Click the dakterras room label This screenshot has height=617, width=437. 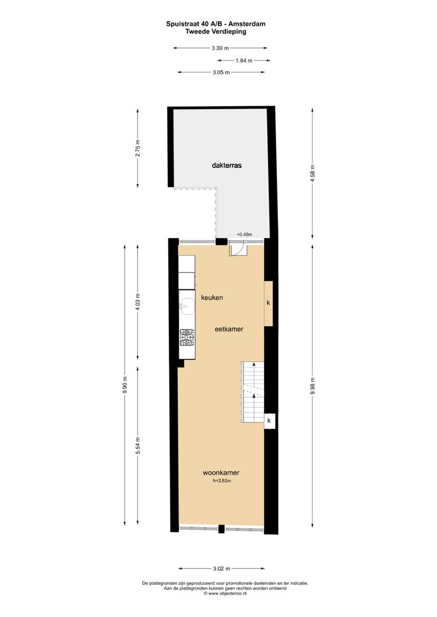click(227, 165)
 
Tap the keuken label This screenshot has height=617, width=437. click(211, 298)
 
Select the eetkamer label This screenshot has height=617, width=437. click(229, 329)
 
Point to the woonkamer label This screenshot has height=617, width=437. click(221, 473)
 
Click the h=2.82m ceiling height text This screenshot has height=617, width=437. click(221, 482)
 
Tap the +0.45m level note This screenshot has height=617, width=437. click(244, 234)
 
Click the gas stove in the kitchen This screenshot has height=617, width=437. click(187, 338)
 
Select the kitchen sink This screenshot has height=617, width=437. click(186, 306)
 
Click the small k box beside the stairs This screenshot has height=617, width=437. click(269, 421)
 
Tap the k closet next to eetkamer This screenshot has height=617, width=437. click(268, 303)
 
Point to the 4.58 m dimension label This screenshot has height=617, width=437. click(312, 171)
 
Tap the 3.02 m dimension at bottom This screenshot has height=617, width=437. click(221, 568)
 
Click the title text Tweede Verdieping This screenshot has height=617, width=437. click(216, 32)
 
